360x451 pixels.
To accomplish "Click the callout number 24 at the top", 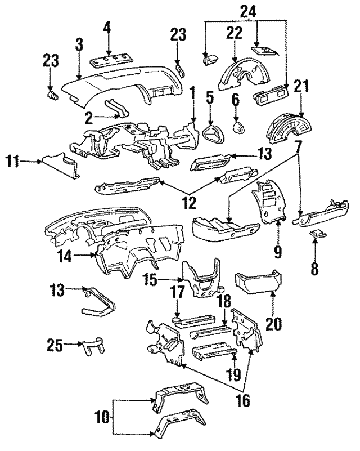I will (248, 10).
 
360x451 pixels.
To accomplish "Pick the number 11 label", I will (15, 162).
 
